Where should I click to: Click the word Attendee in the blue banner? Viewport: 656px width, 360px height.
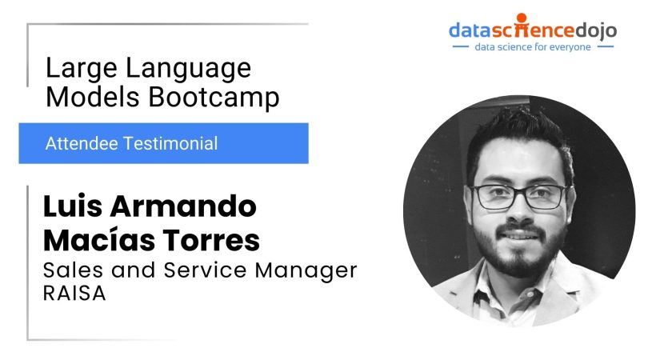pos(78,144)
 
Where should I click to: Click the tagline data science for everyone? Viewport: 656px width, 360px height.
pos(532,47)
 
